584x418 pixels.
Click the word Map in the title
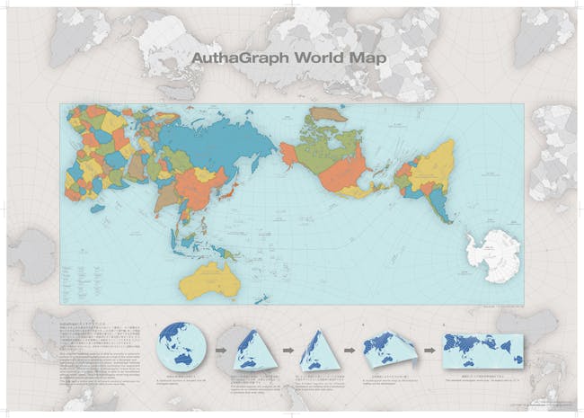pos(371,55)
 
